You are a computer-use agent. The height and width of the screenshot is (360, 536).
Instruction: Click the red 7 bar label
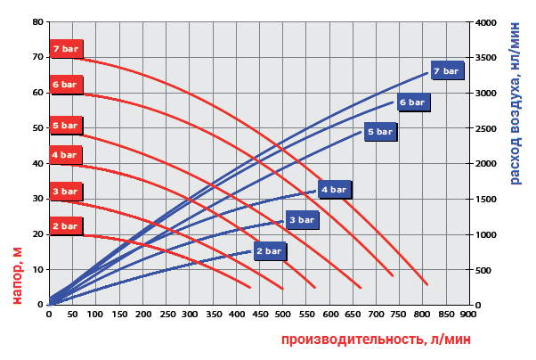[x=66, y=48]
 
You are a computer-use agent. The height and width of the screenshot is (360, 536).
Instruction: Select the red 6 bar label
[x=66, y=85]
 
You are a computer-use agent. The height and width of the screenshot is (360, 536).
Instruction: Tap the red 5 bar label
[x=66, y=126]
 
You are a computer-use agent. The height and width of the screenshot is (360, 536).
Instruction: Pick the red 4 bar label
[x=66, y=155]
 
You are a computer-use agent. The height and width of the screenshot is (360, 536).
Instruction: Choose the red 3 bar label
[x=66, y=191]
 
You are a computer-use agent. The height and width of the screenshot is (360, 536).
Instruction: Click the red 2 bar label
[x=66, y=226]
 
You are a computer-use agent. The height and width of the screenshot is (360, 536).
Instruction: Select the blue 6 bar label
[x=411, y=102]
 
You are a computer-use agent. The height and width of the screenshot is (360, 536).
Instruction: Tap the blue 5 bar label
[x=379, y=132]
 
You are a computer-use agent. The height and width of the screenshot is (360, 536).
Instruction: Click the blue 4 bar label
[x=334, y=190]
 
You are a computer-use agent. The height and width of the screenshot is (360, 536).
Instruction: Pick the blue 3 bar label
[x=301, y=219]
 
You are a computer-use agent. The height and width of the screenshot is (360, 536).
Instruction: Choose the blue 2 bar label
[x=269, y=251]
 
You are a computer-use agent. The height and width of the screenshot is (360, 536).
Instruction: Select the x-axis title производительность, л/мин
[x=375, y=340]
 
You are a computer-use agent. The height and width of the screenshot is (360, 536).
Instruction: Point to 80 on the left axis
[x=37, y=21]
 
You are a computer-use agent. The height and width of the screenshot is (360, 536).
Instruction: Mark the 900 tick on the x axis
[x=468, y=314]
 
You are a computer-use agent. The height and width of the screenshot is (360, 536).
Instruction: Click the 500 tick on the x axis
[x=282, y=314]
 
